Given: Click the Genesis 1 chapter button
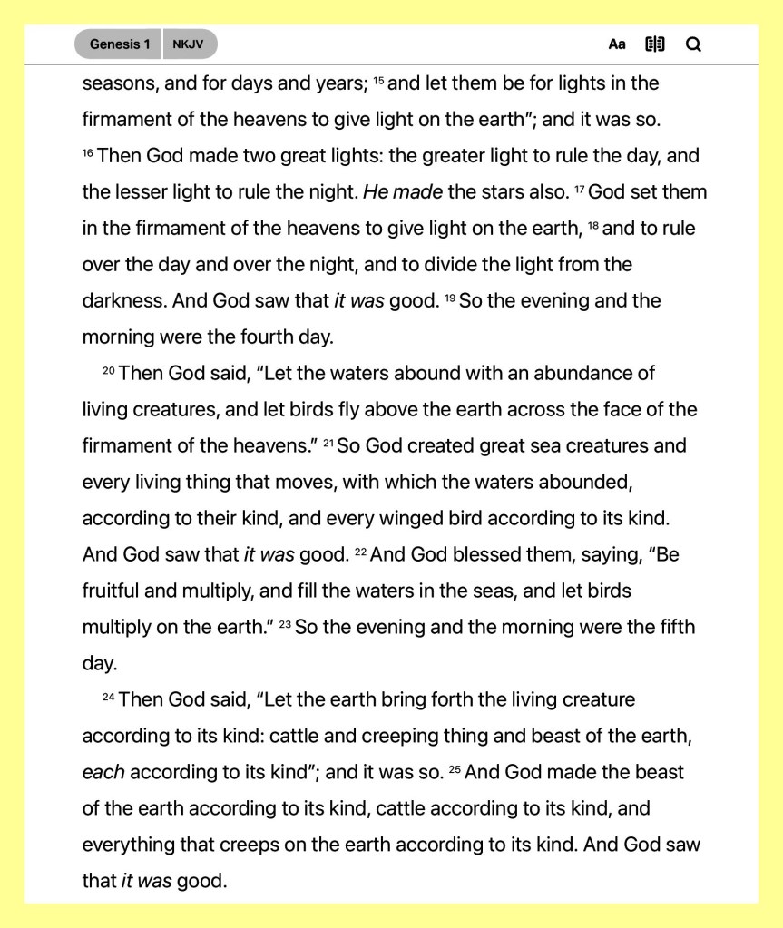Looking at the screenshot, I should click(119, 44).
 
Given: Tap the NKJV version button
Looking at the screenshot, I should click(188, 44).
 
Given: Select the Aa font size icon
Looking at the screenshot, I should click(617, 44).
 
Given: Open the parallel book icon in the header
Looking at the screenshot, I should click(655, 44).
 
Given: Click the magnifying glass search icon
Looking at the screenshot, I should click(693, 44).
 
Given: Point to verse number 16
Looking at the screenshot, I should click(88, 153).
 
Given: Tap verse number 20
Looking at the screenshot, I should click(109, 371).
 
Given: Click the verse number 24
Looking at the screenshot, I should click(109, 698).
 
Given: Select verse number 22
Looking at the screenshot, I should click(360, 552).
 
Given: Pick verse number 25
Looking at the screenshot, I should click(455, 770).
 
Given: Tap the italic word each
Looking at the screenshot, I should click(103, 773).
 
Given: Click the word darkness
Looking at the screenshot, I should click(122, 301).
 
